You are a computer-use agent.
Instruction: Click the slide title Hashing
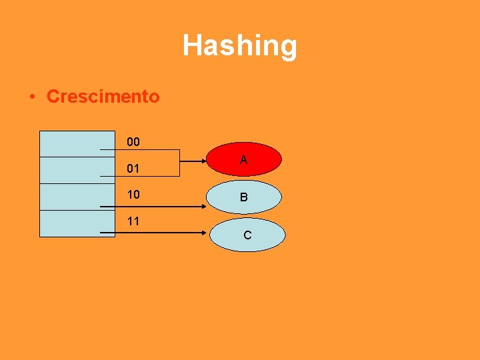[240, 46]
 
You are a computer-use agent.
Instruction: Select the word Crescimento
[103, 96]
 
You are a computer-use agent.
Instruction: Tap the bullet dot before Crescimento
[32, 97]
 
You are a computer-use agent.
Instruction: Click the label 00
[133, 142]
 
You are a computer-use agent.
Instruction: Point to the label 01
[133, 169]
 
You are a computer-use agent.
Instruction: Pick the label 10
[133, 195]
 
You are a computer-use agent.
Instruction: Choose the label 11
[133, 221]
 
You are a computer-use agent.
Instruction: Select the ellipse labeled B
[243, 197]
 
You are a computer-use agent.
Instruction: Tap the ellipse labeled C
[247, 235]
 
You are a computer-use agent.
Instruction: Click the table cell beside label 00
[68, 143]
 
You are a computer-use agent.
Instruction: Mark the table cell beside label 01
[68, 170]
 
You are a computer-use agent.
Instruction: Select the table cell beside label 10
[68, 197]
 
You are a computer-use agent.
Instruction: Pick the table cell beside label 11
[68, 223]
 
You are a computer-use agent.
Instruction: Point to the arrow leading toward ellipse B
[153, 207]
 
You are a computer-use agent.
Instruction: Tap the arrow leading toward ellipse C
[153, 233]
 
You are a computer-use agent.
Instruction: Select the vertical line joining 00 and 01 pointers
[179, 163]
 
